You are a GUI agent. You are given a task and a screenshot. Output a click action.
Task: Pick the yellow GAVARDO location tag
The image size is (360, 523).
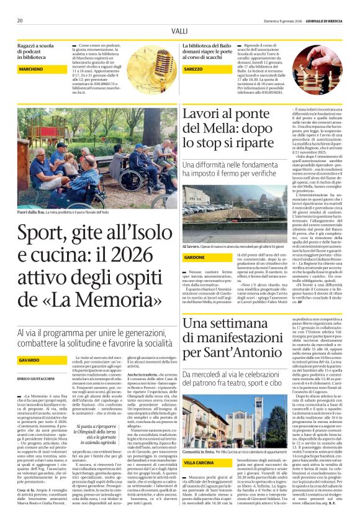(34, 360)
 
